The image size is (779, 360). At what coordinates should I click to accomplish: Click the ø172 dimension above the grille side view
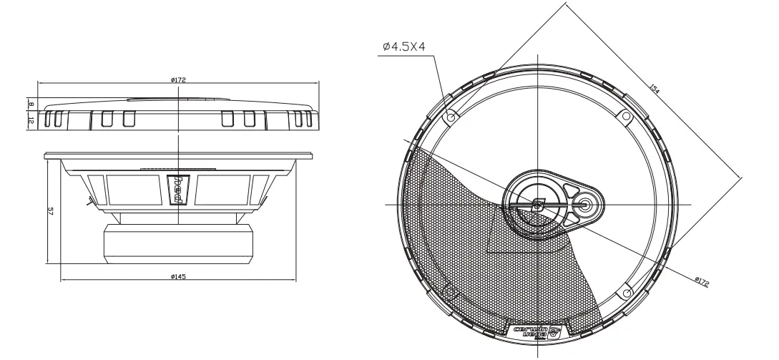178,79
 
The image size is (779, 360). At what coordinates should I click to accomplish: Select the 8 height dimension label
31,104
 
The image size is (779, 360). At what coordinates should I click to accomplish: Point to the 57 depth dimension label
50,211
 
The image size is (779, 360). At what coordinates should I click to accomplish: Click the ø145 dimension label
178,277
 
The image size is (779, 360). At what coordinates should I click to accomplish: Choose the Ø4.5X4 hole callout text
404,47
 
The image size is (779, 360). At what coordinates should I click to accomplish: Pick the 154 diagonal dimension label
653,89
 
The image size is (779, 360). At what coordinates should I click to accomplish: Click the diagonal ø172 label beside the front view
700,281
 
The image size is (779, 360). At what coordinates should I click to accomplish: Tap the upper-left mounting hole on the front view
451,115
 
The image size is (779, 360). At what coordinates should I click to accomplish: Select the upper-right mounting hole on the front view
626,115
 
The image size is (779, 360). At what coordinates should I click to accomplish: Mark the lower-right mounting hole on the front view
626,291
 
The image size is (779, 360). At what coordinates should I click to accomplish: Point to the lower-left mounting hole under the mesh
451,291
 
